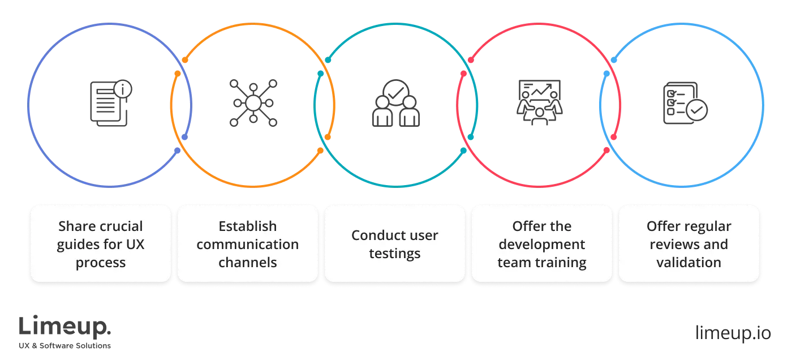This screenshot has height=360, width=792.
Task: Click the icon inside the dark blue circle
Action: coord(110,102)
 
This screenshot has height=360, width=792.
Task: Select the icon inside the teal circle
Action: coord(395,102)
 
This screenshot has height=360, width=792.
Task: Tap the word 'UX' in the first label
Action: coord(134,245)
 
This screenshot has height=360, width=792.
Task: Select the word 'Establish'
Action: coord(248,226)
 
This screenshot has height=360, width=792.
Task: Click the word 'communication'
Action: coord(248,245)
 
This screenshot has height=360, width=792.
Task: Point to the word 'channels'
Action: coord(248,263)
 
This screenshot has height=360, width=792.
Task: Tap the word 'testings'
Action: coord(395,254)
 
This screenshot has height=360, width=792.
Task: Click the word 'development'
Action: coord(542,245)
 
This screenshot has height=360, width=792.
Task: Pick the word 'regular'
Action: coord(705,226)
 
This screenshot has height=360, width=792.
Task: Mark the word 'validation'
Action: coord(689,263)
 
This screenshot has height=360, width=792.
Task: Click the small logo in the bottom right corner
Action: coord(732,331)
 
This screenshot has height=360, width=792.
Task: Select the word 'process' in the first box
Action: coord(101,263)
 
